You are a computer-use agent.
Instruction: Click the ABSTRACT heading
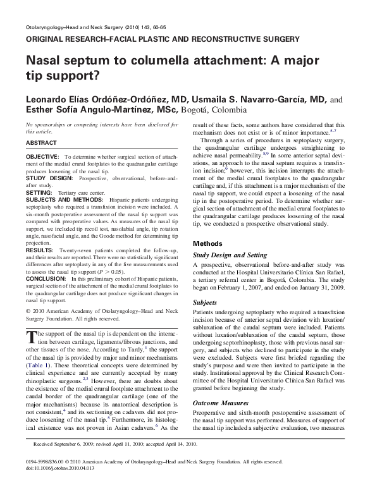click(x=42, y=143)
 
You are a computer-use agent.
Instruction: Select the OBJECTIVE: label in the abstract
click(x=43, y=156)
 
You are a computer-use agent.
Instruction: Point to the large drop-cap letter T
click(x=32, y=337)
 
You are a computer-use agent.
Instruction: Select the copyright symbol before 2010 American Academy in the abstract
click(x=28, y=311)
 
